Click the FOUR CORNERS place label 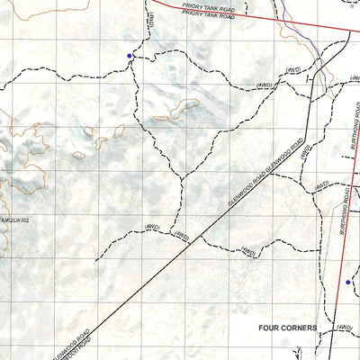[287, 328]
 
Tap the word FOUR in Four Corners [270, 328]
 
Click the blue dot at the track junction [130, 56]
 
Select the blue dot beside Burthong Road [348, 282]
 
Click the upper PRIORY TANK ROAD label [210, 7]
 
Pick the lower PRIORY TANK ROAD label [206, 15]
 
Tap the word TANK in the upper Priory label [210, 7]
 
